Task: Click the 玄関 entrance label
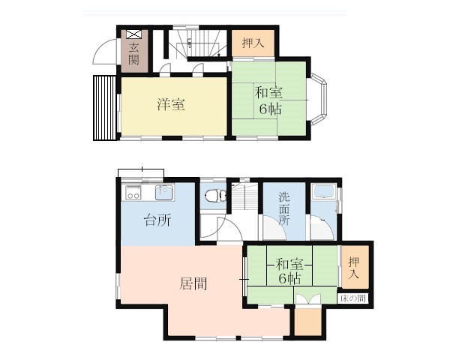(134, 54)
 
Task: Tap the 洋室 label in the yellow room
(171, 104)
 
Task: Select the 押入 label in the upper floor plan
(253, 43)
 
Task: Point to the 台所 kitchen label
(157, 220)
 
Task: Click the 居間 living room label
(193, 284)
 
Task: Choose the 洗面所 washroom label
(284, 208)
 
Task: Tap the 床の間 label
(352, 298)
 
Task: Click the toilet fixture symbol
(216, 196)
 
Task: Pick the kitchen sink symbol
(164, 192)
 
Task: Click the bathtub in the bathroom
(325, 191)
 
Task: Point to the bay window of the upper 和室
(319, 99)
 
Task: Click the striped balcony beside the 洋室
(104, 108)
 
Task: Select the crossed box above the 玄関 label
(134, 34)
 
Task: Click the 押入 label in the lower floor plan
(353, 268)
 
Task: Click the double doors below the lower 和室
(308, 298)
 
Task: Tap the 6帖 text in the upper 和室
(270, 109)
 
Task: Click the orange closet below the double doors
(308, 322)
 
